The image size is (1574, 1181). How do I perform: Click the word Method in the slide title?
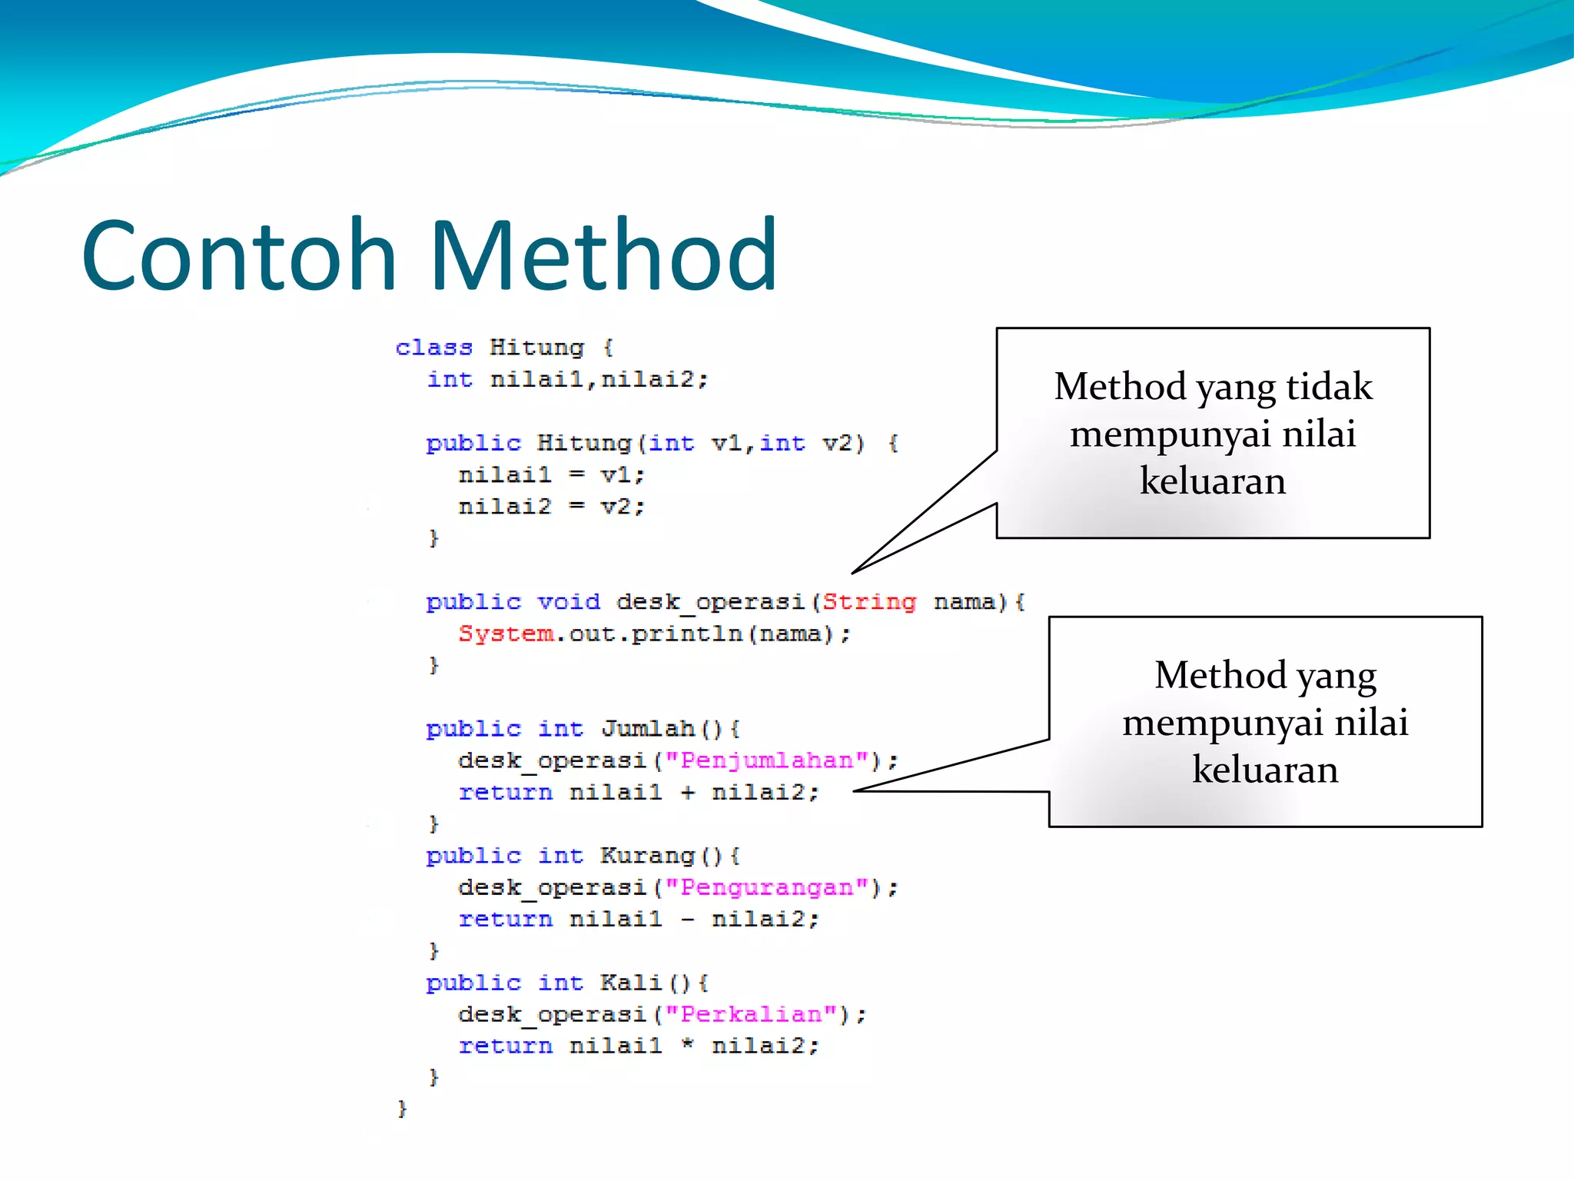603,255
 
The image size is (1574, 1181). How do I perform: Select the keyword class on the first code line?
433,348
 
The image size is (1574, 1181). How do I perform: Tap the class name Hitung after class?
536,348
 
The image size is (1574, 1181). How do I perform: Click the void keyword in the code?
568,601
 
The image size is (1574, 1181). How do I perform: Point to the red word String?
869,601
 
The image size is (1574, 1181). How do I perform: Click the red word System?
506,634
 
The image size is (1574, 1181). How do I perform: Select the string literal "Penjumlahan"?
767,760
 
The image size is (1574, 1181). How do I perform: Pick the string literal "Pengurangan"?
767,887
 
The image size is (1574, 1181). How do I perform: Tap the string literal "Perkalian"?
751,1014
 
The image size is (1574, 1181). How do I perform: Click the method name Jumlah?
647,728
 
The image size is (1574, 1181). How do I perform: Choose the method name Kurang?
647,855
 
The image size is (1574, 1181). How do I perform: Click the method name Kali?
631,982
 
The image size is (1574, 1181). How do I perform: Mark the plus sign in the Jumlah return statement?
687,792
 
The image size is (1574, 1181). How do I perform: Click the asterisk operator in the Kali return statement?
687,1044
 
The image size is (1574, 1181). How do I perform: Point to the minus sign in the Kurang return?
687,919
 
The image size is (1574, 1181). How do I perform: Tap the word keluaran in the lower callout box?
1265,770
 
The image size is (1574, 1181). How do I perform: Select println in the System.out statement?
686,634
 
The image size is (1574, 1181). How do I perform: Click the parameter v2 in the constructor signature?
837,444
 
